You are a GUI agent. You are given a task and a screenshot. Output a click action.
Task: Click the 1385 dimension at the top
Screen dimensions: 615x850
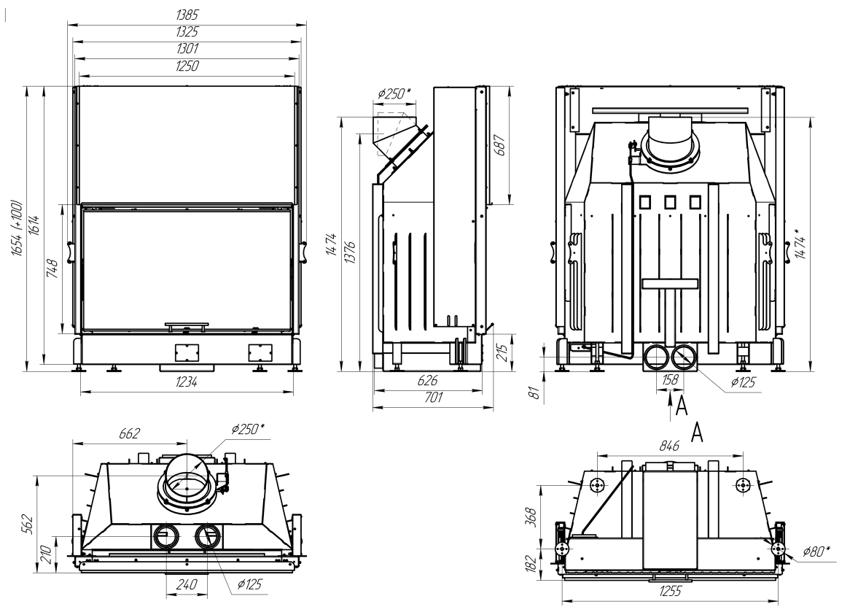(187, 15)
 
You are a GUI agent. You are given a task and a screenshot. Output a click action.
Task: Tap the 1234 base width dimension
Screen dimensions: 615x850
(187, 382)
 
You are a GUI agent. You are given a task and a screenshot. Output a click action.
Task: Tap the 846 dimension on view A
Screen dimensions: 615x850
(670, 444)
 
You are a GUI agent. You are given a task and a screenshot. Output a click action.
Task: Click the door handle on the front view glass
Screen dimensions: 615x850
(186, 324)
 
